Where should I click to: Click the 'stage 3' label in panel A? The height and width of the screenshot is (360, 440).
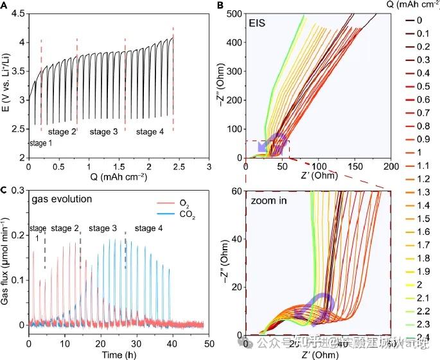(x=103, y=132)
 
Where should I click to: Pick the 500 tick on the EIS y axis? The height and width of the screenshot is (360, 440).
(x=233, y=13)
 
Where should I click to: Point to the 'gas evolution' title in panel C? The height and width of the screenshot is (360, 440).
(x=62, y=198)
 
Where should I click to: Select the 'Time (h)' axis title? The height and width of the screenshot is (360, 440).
(x=120, y=354)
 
